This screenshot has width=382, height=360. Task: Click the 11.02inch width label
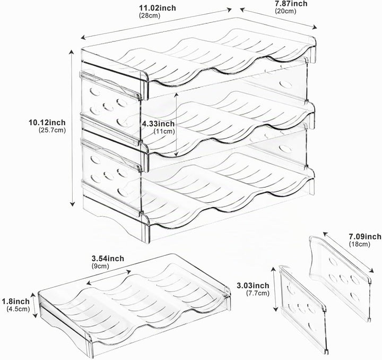158,8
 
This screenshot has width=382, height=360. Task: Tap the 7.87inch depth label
291,3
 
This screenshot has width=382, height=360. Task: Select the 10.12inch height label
47,122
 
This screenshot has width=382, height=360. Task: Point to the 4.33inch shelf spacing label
158,124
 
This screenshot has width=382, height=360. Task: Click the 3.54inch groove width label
108,259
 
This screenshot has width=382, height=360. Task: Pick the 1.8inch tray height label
16,302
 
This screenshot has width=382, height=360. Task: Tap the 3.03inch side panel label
253,286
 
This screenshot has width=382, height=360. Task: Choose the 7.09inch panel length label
365,236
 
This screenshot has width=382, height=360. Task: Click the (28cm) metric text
150,15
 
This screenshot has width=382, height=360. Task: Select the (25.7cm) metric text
52,130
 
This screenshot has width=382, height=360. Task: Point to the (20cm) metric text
285,11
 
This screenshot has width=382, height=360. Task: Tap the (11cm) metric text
164,131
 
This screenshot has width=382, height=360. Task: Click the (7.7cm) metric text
258,293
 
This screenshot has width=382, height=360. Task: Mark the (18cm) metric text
359,244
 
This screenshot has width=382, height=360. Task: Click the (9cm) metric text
100,266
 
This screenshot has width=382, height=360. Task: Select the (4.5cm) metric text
18,309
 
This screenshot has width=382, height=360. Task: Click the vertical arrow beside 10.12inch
72,128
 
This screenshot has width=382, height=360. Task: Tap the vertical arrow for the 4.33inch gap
176,124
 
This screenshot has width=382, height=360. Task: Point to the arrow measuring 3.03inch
275,289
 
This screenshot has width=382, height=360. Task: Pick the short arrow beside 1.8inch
34,306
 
